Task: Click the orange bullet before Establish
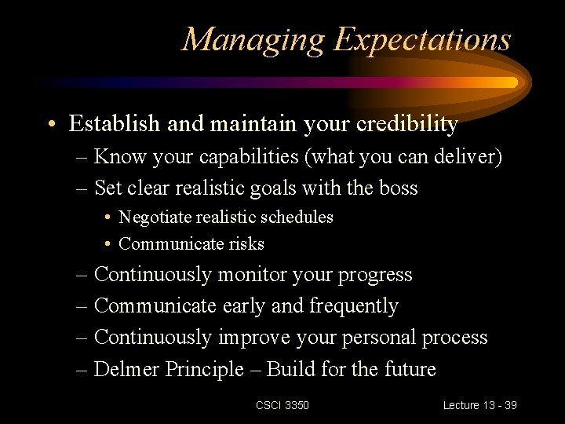pos(51,125)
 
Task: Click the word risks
pos(246,244)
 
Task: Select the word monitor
pos(252,275)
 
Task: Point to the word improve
pos(253,338)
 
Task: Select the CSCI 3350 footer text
pos(282,405)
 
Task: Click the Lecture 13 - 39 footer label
pos(479,405)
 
